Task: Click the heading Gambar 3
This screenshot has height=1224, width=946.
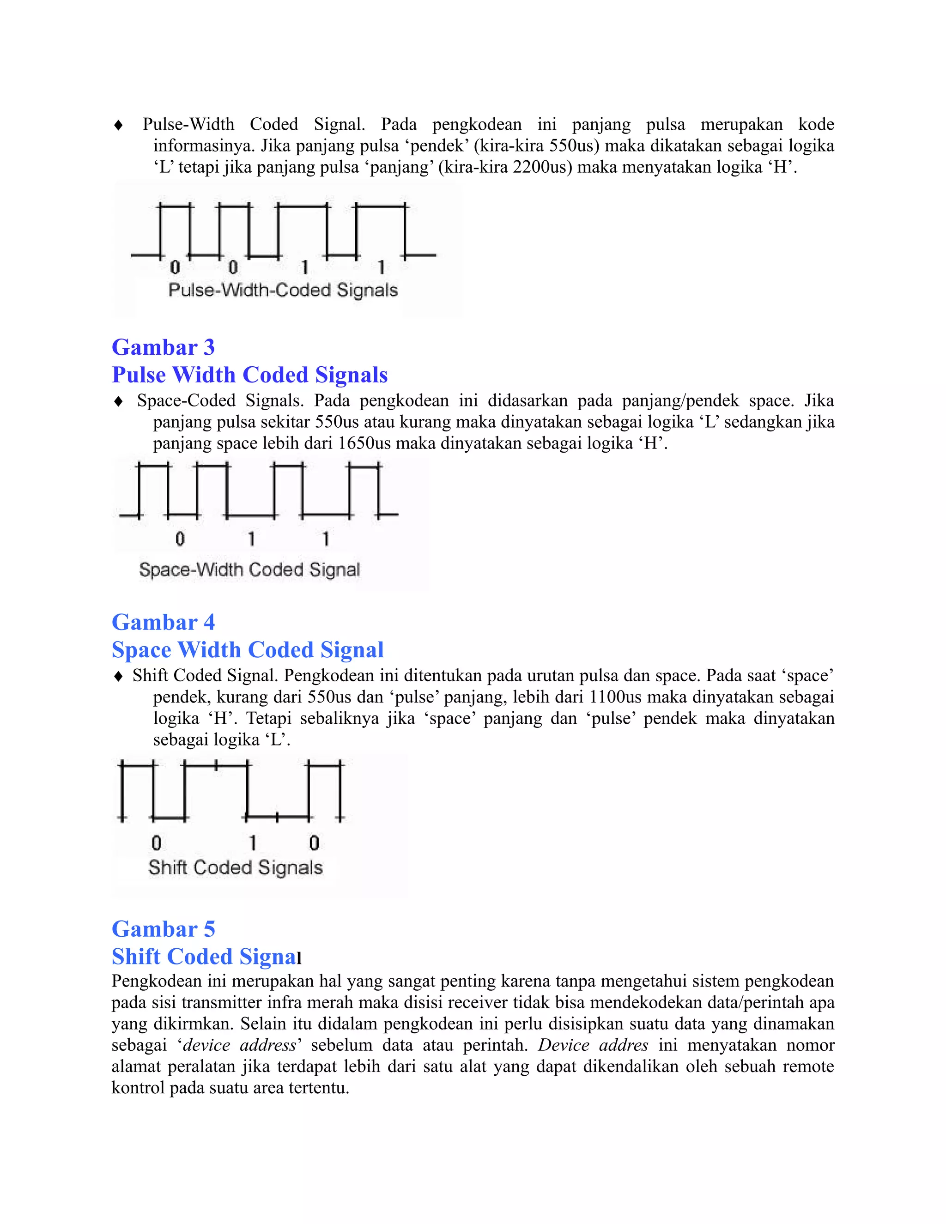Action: pos(163,347)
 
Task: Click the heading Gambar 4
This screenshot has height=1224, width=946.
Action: pos(163,623)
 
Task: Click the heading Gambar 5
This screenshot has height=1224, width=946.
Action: pos(163,929)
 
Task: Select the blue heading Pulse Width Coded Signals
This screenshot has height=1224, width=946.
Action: pos(249,375)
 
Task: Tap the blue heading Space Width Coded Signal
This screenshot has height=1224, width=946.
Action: pos(247,650)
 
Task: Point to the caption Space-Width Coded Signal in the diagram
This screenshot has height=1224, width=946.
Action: pos(249,570)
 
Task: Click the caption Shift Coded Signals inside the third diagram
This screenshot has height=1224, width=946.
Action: pos(236,867)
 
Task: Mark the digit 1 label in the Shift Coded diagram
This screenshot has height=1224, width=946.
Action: pos(253,842)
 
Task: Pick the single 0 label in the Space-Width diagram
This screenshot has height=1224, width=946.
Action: pos(180,539)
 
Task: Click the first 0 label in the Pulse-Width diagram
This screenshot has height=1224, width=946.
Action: pos(176,267)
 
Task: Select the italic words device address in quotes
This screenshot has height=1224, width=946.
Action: pos(240,1045)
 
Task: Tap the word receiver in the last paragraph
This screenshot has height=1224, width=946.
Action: pos(478,1003)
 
